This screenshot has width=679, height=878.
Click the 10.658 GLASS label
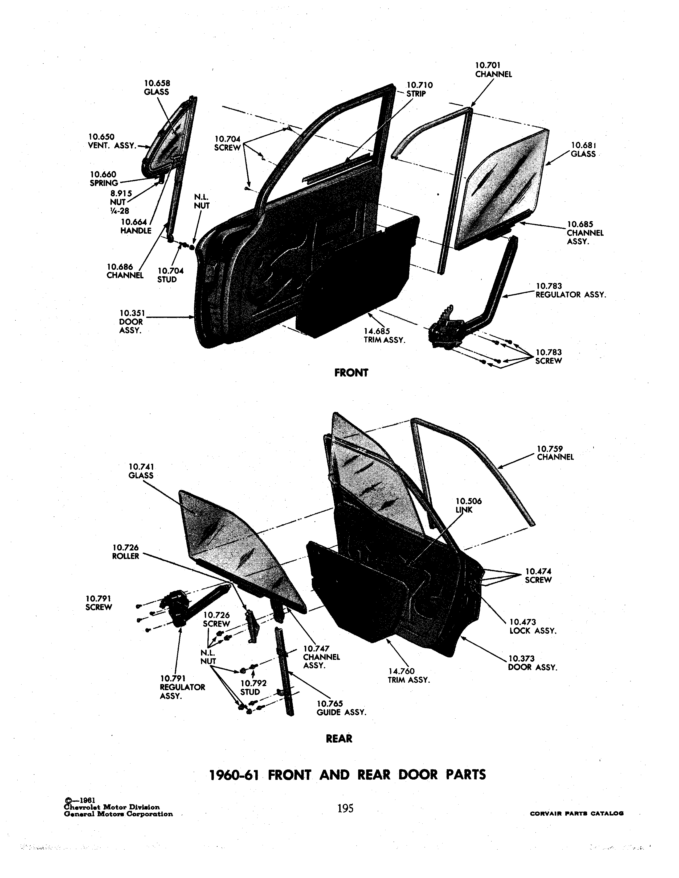tap(157, 88)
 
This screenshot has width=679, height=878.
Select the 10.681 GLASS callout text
tap(583, 150)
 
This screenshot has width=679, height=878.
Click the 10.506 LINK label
tap(468, 505)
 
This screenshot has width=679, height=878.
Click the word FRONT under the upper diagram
tap(351, 373)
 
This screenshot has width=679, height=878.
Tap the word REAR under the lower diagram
tap(339, 739)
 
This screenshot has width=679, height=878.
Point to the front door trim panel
tap(356, 278)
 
